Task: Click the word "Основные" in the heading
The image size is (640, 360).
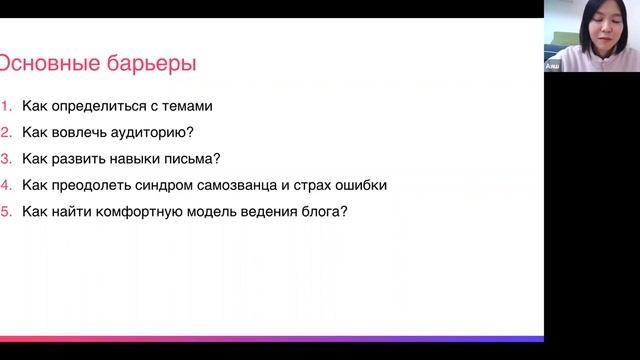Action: tap(48, 65)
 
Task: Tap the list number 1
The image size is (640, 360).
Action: tap(5, 105)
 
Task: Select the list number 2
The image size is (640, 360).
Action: tap(5, 132)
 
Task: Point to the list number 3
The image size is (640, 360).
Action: tap(5, 158)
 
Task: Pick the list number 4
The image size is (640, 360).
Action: tap(5, 185)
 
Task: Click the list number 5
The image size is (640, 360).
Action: tap(5, 211)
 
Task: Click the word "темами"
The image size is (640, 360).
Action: tap(188, 105)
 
